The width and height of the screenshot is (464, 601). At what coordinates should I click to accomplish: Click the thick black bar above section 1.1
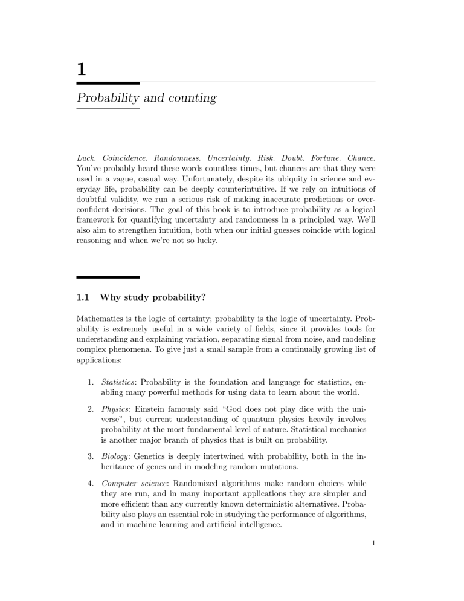point(108,276)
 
